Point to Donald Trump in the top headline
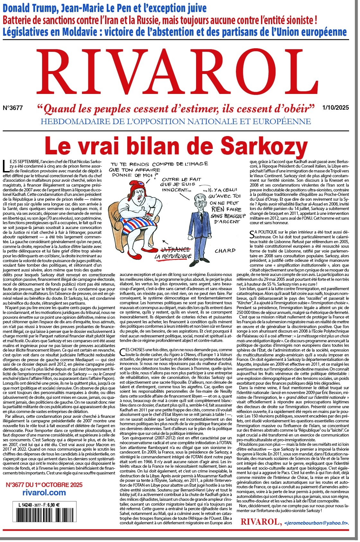tap(32, 8)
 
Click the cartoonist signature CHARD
tap(225, 251)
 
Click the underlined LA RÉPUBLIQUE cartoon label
tap(173, 256)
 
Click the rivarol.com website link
tap(44, 492)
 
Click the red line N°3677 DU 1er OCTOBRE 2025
tap(44, 485)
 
